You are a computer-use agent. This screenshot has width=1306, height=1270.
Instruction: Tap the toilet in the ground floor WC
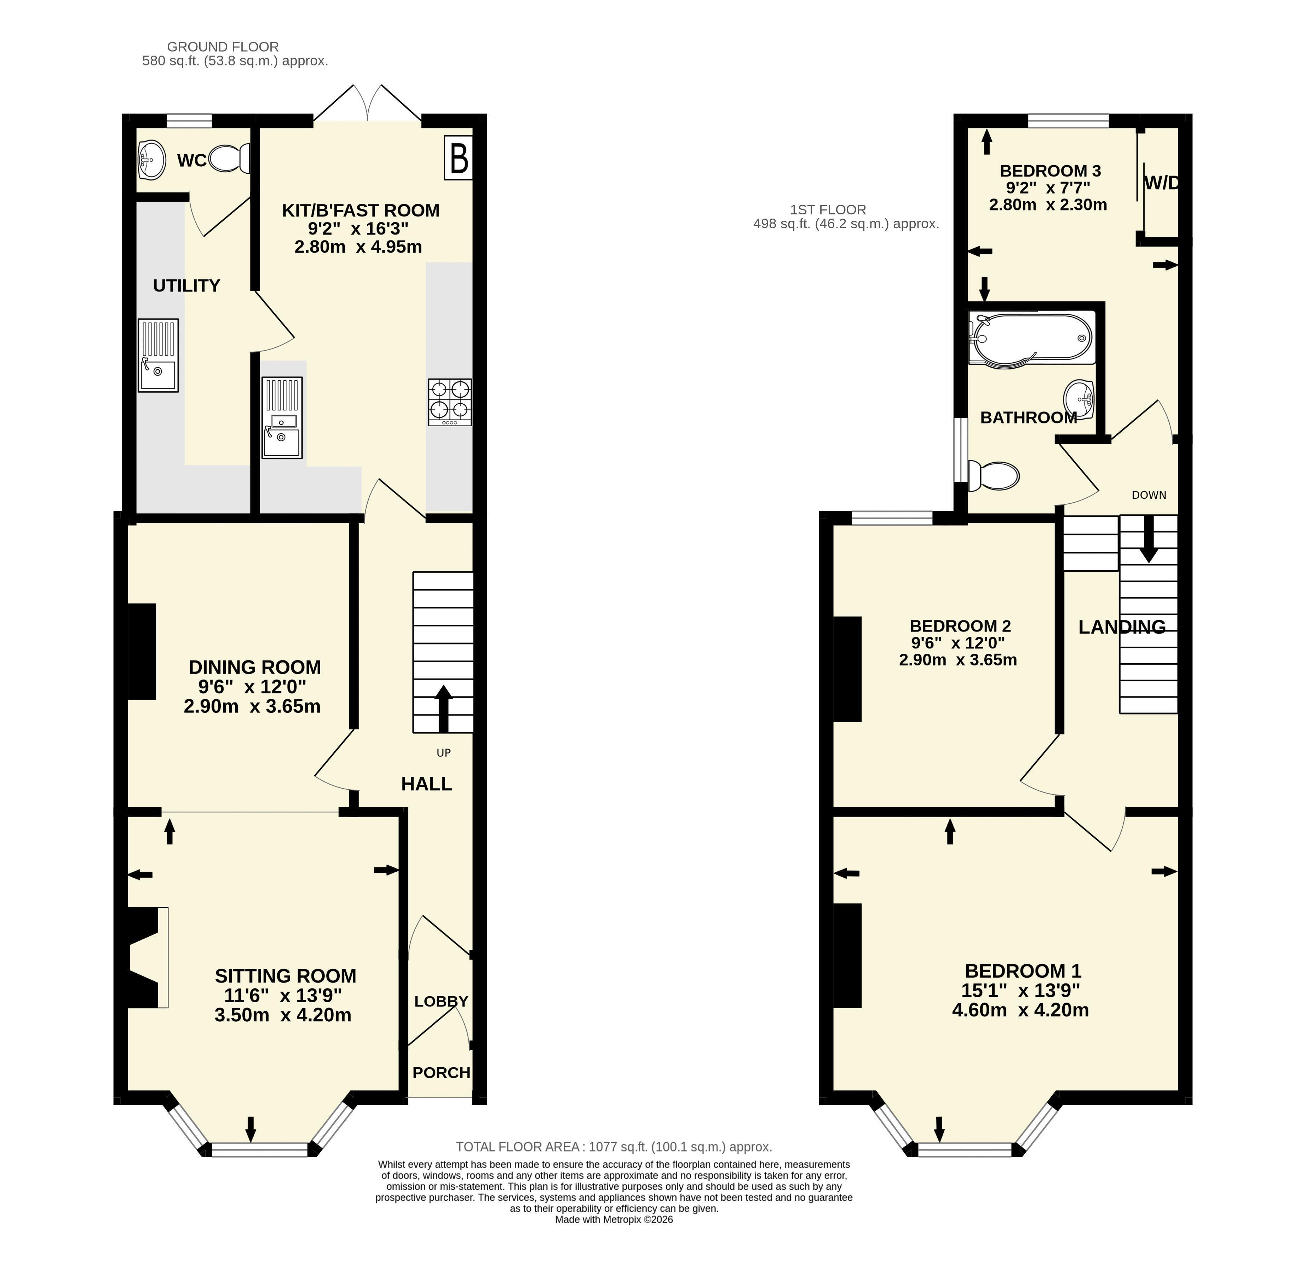pyautogui.click(x=229, y=159)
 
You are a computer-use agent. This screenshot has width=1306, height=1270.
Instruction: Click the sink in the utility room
pyautogui.click(x=158, y=355)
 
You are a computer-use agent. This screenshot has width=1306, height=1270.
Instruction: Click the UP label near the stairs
pyautogui.click(x=444, y=753)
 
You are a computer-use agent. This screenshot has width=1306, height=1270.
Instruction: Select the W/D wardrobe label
pyautogui.click(x=1161, y=183)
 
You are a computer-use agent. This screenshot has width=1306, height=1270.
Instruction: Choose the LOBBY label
pyautogui.click(x=441, y=1001)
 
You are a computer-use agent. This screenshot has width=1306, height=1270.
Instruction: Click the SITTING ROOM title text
pyautogui.click(x=286, y=976)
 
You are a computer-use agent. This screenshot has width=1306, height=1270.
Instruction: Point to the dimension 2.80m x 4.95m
pyautogui.click(x=358, y=247)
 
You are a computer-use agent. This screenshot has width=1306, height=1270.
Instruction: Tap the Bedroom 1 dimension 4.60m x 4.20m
pyautogui.click(x=1020, y=1010)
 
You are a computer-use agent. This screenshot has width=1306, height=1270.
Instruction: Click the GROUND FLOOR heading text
pyautogui.click(x=223, y=47)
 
